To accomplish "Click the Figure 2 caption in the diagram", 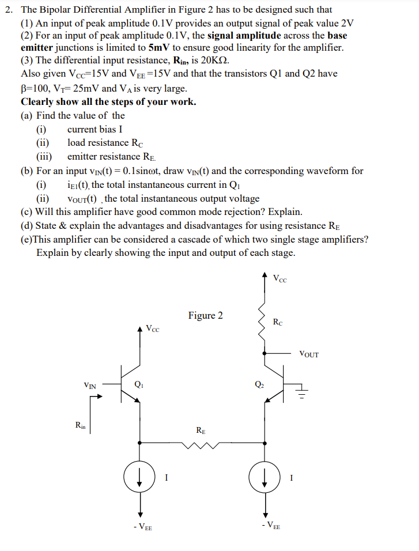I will coord(205,315).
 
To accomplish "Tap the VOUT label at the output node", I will coord(309,354).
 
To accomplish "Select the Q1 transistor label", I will coord(139,384).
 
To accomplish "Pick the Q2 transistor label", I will coord(259,384).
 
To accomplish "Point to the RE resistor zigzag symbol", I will coord(200,444).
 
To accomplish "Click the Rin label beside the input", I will coord(81,426).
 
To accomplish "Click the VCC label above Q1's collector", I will coord(153,329).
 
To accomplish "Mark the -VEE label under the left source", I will coord(140,526).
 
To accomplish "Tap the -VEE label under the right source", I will coord(272,526).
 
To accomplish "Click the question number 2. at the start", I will coord(9,10).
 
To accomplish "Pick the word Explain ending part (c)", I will coord(283,212).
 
